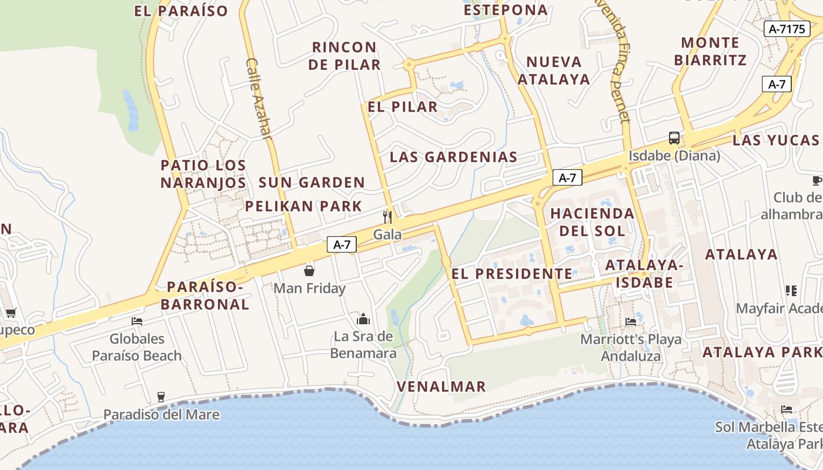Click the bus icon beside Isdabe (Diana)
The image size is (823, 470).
(674, 139)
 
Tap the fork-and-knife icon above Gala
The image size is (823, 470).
(387, 217)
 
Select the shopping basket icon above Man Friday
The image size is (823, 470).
(309, 271)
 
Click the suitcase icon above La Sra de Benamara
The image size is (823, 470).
(363, 319)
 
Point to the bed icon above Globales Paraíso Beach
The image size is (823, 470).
(137, 321)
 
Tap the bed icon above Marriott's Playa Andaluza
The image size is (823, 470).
(631, 321)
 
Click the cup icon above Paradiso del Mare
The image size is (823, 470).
(161, 397)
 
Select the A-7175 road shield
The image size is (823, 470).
(787, 29)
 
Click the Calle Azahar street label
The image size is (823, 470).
(259, 98)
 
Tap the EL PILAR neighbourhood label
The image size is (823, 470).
(403, 107)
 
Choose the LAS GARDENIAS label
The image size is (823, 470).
(453, 157)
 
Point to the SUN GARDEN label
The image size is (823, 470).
(312, 183)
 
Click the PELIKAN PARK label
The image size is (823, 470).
(303, 206)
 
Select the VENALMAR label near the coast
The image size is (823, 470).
(441, 387)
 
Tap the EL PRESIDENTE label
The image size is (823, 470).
(511, 274)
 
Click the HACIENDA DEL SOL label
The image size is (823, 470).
(592, 221)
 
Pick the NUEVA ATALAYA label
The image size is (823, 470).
(554, 70)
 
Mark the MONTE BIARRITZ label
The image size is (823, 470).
(710, 51)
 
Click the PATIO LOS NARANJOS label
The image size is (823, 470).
(203, 174)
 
